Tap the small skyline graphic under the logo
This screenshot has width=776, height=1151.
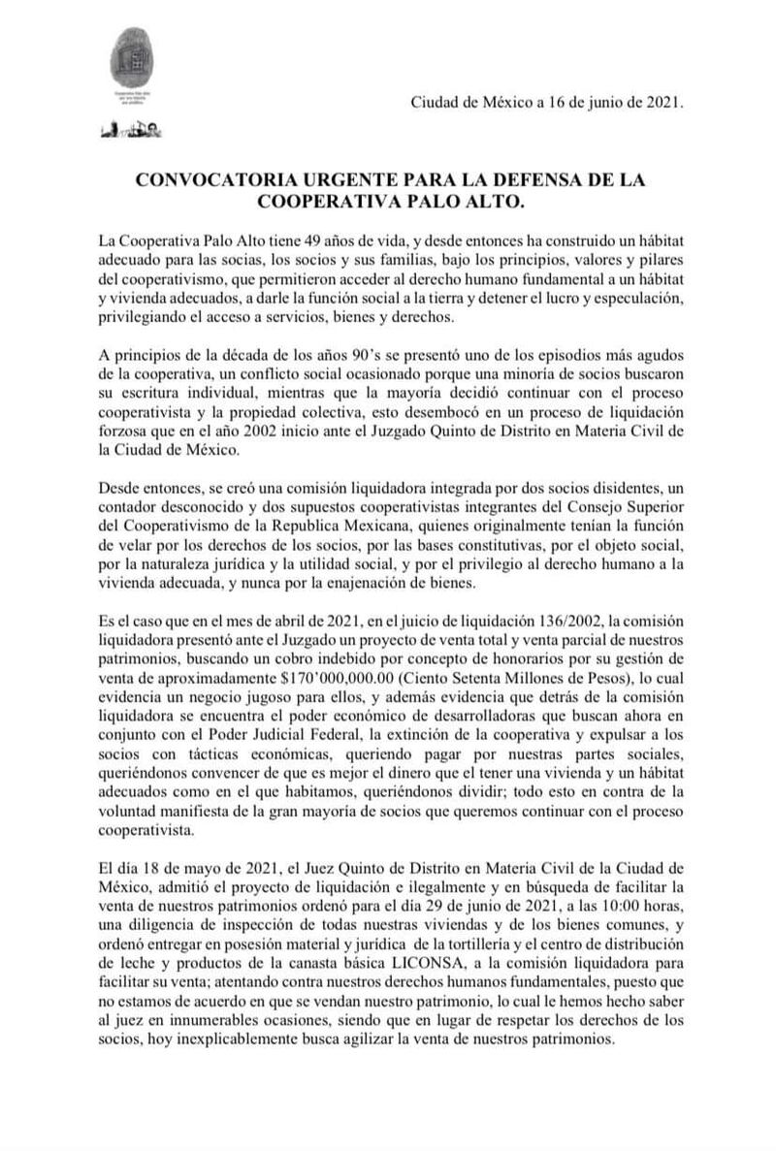(130, 130)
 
